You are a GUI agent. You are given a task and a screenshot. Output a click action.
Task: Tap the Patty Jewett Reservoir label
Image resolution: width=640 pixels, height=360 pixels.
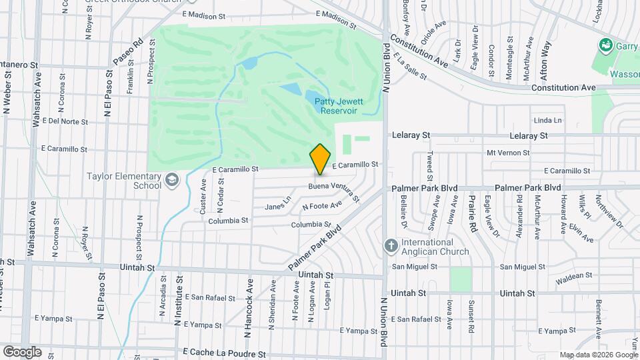(x=340, y=106)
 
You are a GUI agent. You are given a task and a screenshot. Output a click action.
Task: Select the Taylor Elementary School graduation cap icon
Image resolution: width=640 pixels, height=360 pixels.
(x=172, y=180)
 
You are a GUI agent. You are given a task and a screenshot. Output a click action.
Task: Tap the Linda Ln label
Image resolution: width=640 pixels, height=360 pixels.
(x=548, y=121)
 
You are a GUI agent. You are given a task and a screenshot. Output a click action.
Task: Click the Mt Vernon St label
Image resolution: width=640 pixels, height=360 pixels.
(x=507, y=153)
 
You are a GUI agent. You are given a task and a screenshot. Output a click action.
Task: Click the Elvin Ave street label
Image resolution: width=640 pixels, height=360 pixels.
(x=581, y=235)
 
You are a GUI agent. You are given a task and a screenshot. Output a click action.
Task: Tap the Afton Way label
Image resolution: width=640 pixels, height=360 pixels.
(x=546, y=57)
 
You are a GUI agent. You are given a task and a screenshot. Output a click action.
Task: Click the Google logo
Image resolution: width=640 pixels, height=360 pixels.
(x=22, y=352)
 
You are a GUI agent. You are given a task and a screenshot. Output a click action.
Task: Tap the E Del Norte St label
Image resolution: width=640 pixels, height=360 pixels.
(x=65, y=121)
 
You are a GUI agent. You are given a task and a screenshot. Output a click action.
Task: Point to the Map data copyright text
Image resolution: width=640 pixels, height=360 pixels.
(x=598, y=355)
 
